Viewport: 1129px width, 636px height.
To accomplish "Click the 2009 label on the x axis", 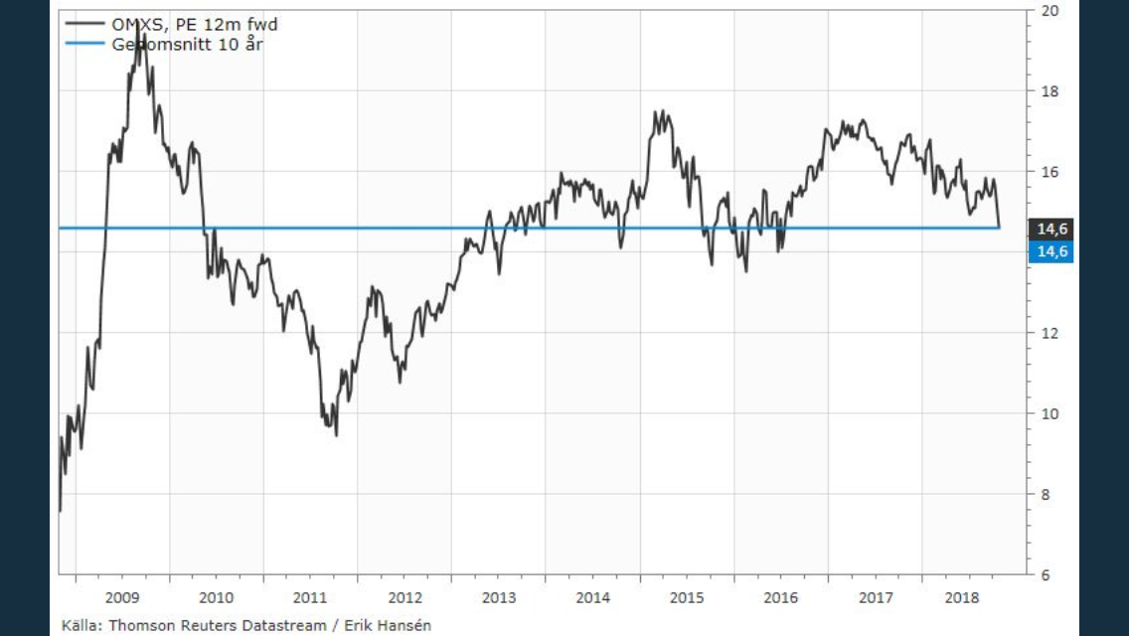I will point(122,597).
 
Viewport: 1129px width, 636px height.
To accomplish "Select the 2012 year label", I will point(404,597).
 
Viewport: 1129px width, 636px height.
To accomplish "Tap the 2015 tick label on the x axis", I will point(687,597).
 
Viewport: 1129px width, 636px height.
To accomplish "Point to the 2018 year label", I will point(962,597).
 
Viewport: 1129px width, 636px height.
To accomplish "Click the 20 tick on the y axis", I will point(1048,11).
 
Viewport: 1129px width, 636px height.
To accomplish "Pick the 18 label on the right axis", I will point(1048,91).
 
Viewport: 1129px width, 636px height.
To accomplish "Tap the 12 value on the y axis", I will point(1048,333).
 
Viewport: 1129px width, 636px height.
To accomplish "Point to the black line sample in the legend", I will point(84,25).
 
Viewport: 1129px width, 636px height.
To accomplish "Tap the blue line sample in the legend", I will point(84,44).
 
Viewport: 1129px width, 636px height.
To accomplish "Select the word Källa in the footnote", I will point(80,625).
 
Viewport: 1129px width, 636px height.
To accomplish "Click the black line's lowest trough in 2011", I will point(336,434).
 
